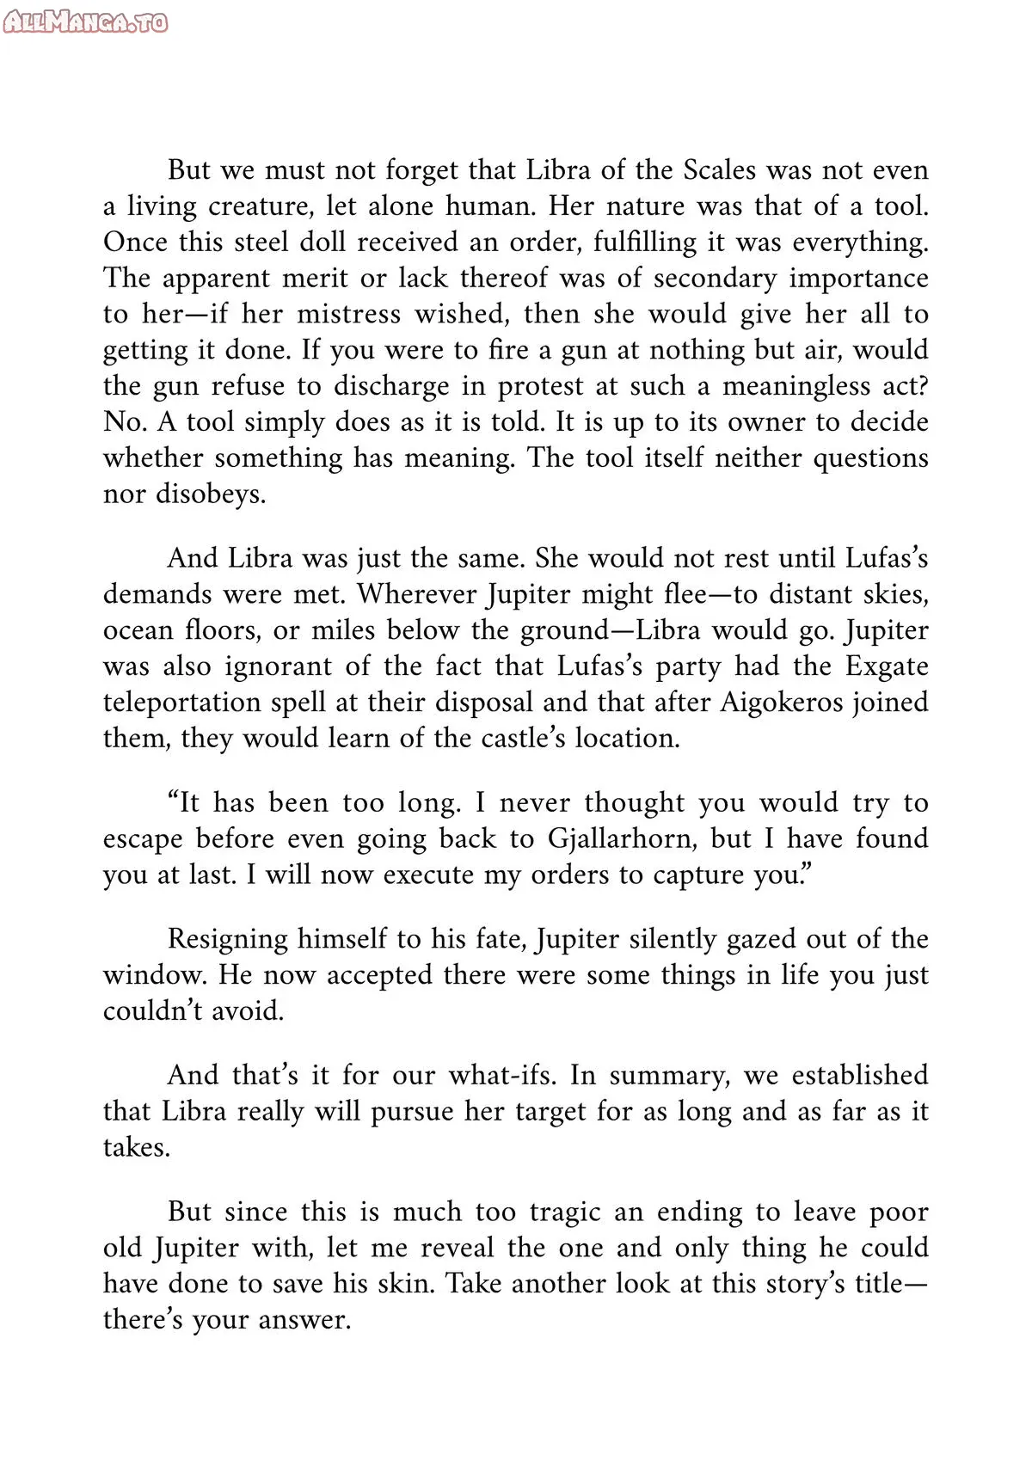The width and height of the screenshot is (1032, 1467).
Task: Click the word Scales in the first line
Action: (719, 169)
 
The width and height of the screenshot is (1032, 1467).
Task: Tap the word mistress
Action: (348, 314)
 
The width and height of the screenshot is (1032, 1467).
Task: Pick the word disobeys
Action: (210, 494)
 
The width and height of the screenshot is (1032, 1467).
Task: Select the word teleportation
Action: (181, 703)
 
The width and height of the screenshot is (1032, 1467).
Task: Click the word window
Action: (154, 975)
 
